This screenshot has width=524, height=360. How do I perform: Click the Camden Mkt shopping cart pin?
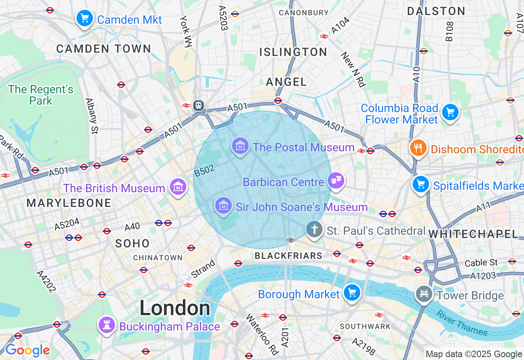pos(85,18)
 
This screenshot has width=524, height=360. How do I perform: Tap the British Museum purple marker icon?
pos(178,187)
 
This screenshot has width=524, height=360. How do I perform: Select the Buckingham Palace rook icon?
pos(107,325)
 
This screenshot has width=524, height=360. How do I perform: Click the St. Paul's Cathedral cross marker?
pos(314,229)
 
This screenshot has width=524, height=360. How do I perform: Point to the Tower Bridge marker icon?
pos(424,293)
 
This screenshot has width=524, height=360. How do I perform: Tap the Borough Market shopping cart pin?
pos(352,292)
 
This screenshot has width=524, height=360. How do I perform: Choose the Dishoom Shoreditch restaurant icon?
pos(418,148)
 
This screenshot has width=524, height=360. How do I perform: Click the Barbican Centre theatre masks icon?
pos(336,180)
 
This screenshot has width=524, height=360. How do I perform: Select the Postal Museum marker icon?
pos(240,146)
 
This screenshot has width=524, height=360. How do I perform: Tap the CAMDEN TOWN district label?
pos(104,49)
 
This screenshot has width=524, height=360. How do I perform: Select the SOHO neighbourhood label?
pos(132,243)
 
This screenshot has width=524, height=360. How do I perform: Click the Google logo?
pos(27,350)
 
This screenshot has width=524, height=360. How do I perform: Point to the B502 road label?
pos(204,171)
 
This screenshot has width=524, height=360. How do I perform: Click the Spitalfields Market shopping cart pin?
pos(420,184)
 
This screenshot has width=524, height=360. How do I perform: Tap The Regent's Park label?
pos(41,95)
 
